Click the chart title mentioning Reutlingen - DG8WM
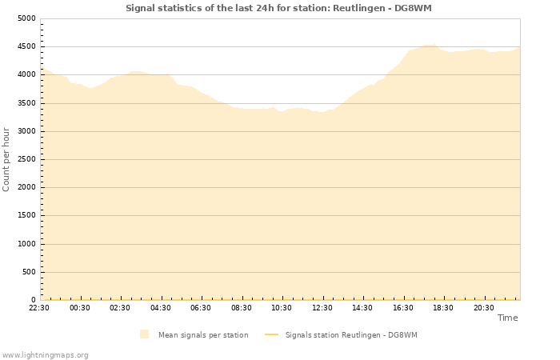click(x=278, y=8)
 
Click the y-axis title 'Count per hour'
click(x=6, y=158)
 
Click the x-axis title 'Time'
click(x=507, y=318)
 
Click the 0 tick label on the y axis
click(x=33, y=300)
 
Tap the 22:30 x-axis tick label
click(x=39, y=307)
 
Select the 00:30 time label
click(x=80, y=307)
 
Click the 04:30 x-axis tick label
click(x=161, y=307)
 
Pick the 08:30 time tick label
click(x=242, y=307)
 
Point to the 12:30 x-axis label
click(x=322, y=307)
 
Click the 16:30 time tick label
click(x=402, y=307)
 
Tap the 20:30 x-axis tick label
click(x=483, y=307)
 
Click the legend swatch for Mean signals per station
click(x=144, y=334)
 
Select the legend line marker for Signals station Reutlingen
click(x=271, y=334)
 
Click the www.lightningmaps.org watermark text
click(x=45, y=354)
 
